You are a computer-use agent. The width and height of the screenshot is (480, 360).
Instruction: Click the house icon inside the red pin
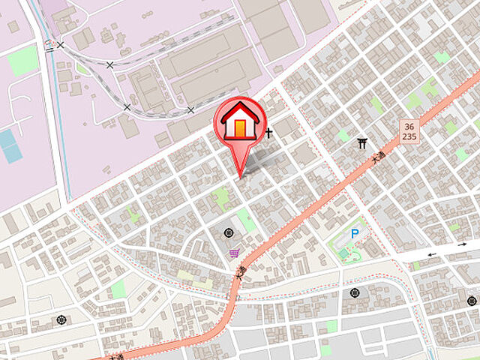pos(239,121)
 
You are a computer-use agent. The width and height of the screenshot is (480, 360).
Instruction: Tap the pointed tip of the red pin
pos(241,176)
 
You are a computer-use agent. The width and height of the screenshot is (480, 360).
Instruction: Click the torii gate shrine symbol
pos(363,142)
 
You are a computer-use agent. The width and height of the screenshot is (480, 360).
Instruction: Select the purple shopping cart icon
pos(235,253)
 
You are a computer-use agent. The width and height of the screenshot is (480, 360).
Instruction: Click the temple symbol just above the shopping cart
pos(229,232)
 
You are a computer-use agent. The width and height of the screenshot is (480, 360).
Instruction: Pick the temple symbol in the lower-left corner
pos(61,321)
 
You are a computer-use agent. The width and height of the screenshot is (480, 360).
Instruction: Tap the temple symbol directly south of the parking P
pos(355,292)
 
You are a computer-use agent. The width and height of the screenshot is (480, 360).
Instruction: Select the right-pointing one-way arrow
pos(463,244)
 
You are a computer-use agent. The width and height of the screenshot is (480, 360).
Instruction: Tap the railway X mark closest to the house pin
pos(190,111)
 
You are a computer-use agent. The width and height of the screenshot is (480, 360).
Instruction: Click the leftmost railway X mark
pos(61,45)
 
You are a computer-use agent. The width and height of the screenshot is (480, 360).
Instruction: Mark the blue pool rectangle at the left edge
pos(10,145)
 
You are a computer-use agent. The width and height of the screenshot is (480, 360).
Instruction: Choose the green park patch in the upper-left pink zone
pos(23,60)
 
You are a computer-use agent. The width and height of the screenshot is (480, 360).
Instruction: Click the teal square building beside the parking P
pos(343,253)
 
